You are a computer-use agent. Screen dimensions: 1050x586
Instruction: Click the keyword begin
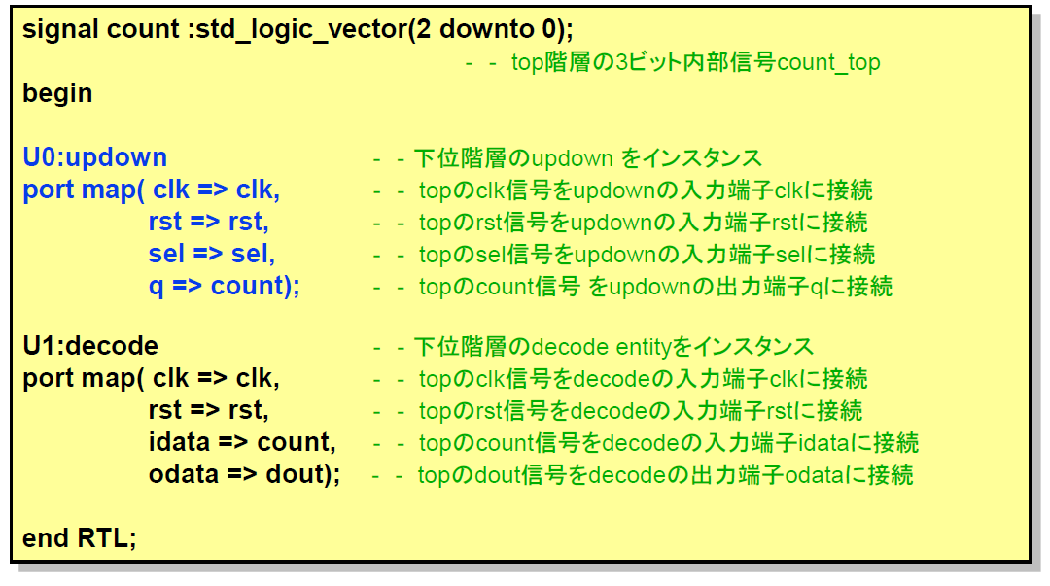[x=57, y=93]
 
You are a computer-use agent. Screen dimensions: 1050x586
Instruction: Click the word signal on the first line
[x=61, y=30]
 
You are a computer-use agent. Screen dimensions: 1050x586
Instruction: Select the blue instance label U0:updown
[x=95, y=158]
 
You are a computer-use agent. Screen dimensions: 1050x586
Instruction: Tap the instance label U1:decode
[x=90, y=346]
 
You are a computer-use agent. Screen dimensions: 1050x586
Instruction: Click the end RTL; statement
[x=80, y=538]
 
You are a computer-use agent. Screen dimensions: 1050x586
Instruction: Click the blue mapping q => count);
[x=225, y=287]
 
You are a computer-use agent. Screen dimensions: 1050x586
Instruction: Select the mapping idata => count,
[x=242, y=443]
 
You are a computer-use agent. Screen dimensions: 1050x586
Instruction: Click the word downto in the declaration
[x=487, y=30]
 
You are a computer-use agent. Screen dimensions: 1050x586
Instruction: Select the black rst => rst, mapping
[x=209, y=410]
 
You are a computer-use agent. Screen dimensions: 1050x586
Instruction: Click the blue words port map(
[x=83, y=190]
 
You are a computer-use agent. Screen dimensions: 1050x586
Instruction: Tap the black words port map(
[x=83, y=379]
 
